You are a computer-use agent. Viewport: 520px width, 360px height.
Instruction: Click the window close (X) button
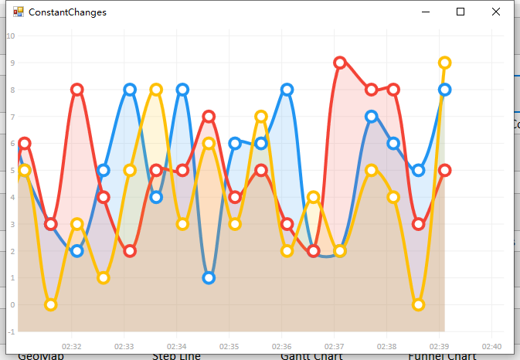coord(495,12)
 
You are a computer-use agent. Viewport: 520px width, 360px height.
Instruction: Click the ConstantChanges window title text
coord(67,12)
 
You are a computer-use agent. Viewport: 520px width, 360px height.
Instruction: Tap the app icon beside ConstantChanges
coord(19,12)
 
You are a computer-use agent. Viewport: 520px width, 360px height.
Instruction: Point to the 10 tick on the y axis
coord(10,36)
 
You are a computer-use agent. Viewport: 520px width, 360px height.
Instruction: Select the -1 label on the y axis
coord(10,331)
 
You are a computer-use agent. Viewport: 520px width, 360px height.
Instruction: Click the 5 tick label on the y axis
coord(11,170)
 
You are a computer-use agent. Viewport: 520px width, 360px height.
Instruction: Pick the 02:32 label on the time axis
coord(72,346)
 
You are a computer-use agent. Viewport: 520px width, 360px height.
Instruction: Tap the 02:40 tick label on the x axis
coord(491,346)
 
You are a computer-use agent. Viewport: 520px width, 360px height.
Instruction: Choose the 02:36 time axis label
coord(281,346)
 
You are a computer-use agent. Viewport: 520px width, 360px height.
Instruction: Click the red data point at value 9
coord(340,63)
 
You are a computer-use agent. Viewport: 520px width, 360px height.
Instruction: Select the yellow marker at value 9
coord(444,63)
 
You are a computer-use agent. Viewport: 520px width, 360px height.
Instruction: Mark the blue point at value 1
coord(209,278)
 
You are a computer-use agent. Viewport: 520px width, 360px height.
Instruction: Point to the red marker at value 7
coord(209,117)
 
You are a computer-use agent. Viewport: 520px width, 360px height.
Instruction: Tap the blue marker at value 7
coord(372,117)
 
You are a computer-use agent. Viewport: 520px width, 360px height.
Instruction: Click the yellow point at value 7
coord(261,117)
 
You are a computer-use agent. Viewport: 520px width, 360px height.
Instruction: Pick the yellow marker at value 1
coord(104,278)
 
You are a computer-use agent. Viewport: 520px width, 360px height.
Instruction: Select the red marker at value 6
coord(25,144)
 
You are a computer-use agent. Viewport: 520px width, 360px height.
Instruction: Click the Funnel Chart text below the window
coord(442,356)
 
